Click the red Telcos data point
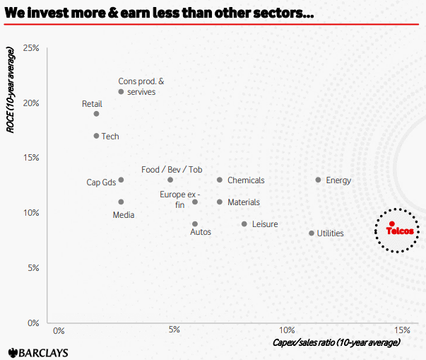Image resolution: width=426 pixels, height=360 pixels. tap(391, 223)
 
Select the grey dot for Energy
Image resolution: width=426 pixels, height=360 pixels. tap(318, 180)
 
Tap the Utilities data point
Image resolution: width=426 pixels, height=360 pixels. tap(311, 233)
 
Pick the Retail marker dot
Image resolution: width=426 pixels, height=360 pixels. tap(96, 114)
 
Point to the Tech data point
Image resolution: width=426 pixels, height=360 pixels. tap(96, 136)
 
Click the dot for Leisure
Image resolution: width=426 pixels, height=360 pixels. tap(244, 224)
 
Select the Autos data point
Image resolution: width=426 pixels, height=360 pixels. tap(195, 224)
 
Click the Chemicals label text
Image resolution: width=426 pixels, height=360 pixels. tap(246, 180)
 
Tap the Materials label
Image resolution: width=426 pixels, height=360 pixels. tap(243, 202)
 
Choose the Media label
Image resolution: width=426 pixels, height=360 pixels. tap(124, 215)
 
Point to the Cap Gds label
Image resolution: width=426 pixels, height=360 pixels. tap(101, 182)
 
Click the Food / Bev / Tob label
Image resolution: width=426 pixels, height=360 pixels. tap(172, 170)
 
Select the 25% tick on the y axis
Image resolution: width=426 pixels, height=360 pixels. tap(31, 48)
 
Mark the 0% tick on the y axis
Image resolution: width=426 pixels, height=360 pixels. tap(32, 323)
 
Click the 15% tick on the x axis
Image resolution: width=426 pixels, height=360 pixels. tap(401, 330)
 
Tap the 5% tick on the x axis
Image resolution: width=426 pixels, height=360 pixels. tap(174, 330)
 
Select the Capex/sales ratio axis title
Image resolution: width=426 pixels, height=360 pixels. tap(336, 342)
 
